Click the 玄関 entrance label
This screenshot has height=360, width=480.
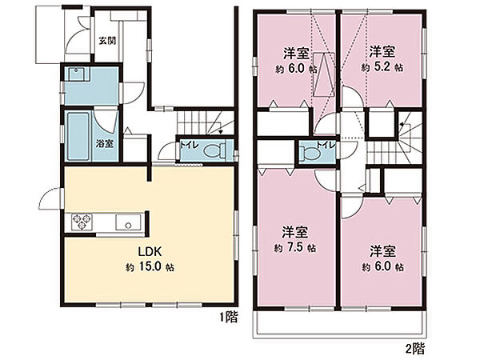[107, 41]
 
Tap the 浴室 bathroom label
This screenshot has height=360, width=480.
[105, 143]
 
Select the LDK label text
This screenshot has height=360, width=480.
[150, 252]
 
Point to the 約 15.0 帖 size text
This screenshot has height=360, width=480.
[150, 267]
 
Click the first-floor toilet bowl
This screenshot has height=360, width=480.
[214, 151]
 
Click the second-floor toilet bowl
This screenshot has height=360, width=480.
[310, 153]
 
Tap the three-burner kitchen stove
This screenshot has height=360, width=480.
[82, 222]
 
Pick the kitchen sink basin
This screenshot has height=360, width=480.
[128, 222]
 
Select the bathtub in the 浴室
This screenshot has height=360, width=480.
[78, 136]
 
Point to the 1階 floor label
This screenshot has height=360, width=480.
[228, 317]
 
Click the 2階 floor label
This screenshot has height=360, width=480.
[415, 348]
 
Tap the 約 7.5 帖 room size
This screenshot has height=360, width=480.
[294, 247]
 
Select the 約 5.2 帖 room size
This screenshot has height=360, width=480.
[382, 67]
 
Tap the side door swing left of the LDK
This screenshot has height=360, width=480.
[51, 198]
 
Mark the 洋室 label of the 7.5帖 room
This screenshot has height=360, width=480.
[294, 232]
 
